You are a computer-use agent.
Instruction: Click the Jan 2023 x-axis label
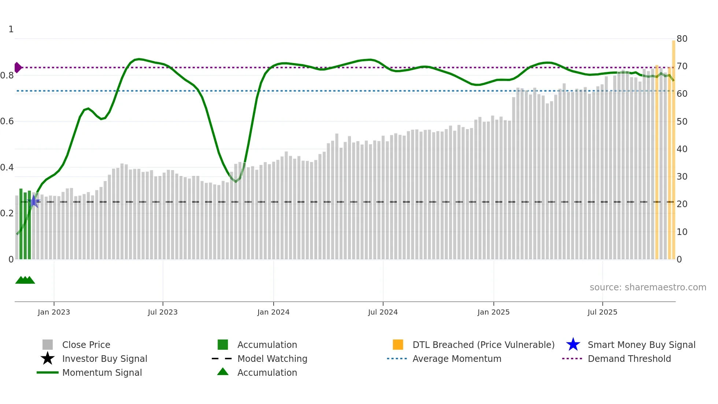[x=53, y=312]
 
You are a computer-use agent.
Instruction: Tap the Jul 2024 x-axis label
[x=382, y=312]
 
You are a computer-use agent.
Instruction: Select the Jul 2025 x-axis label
[x=602, y=312]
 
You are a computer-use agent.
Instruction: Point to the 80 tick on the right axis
[x=682, y=39]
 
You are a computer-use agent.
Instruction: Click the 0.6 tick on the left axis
[x=7, y=121]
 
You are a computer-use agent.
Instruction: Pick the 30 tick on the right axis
[x=682, y=177]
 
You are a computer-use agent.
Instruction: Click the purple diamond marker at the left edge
[x=18, y=67]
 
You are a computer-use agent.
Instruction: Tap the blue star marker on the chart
[x=34, y=201]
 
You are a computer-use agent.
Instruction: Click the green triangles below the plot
[x=25, y=280]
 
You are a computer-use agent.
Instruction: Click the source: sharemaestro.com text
[x=648, y=287]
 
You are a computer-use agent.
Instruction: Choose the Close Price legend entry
[x=86, y=345]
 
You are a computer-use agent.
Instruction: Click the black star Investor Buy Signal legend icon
[x=48, y=359]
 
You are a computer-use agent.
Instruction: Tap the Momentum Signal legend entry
[x=102, y=372]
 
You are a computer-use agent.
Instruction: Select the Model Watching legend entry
[x=272, y=359]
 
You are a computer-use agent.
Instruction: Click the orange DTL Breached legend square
[x=398, y=345]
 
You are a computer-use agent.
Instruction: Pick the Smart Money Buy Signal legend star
[x=573, y=345]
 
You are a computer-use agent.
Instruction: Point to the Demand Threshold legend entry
[x=629, y=359]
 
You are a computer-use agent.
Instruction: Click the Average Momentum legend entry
[x=456, y=359]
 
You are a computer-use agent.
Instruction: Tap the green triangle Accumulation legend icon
[x=223, y=372]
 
